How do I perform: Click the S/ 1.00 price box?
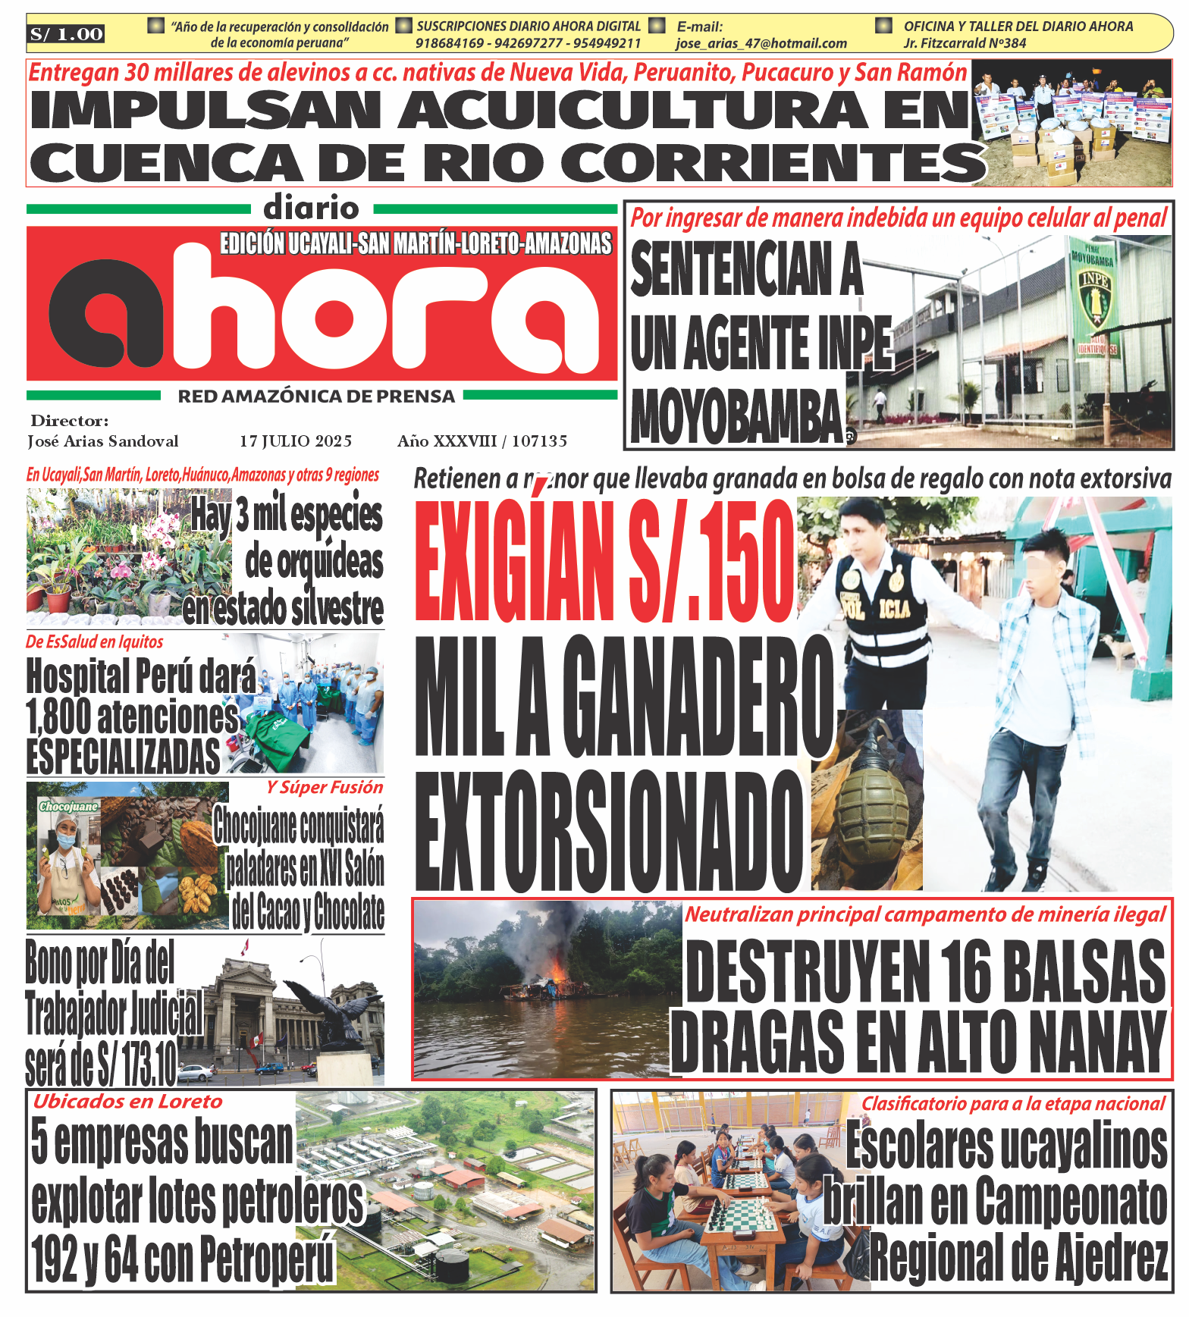point(66,34)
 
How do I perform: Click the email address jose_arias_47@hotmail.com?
point(761,44)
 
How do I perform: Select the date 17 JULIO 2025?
point(296,441)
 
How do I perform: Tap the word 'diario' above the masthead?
point(311,208)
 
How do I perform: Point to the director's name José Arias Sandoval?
point(103,441)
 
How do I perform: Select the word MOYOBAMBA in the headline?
point(737,417)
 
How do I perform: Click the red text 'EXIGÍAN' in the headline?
point(516,561)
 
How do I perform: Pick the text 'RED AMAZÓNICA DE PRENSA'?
point(316,397)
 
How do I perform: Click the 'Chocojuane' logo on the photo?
point(69,807)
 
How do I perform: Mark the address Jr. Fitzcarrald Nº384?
point(965,44)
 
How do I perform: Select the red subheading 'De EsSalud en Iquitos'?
point(95,642)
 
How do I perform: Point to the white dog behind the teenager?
point(1118,649)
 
